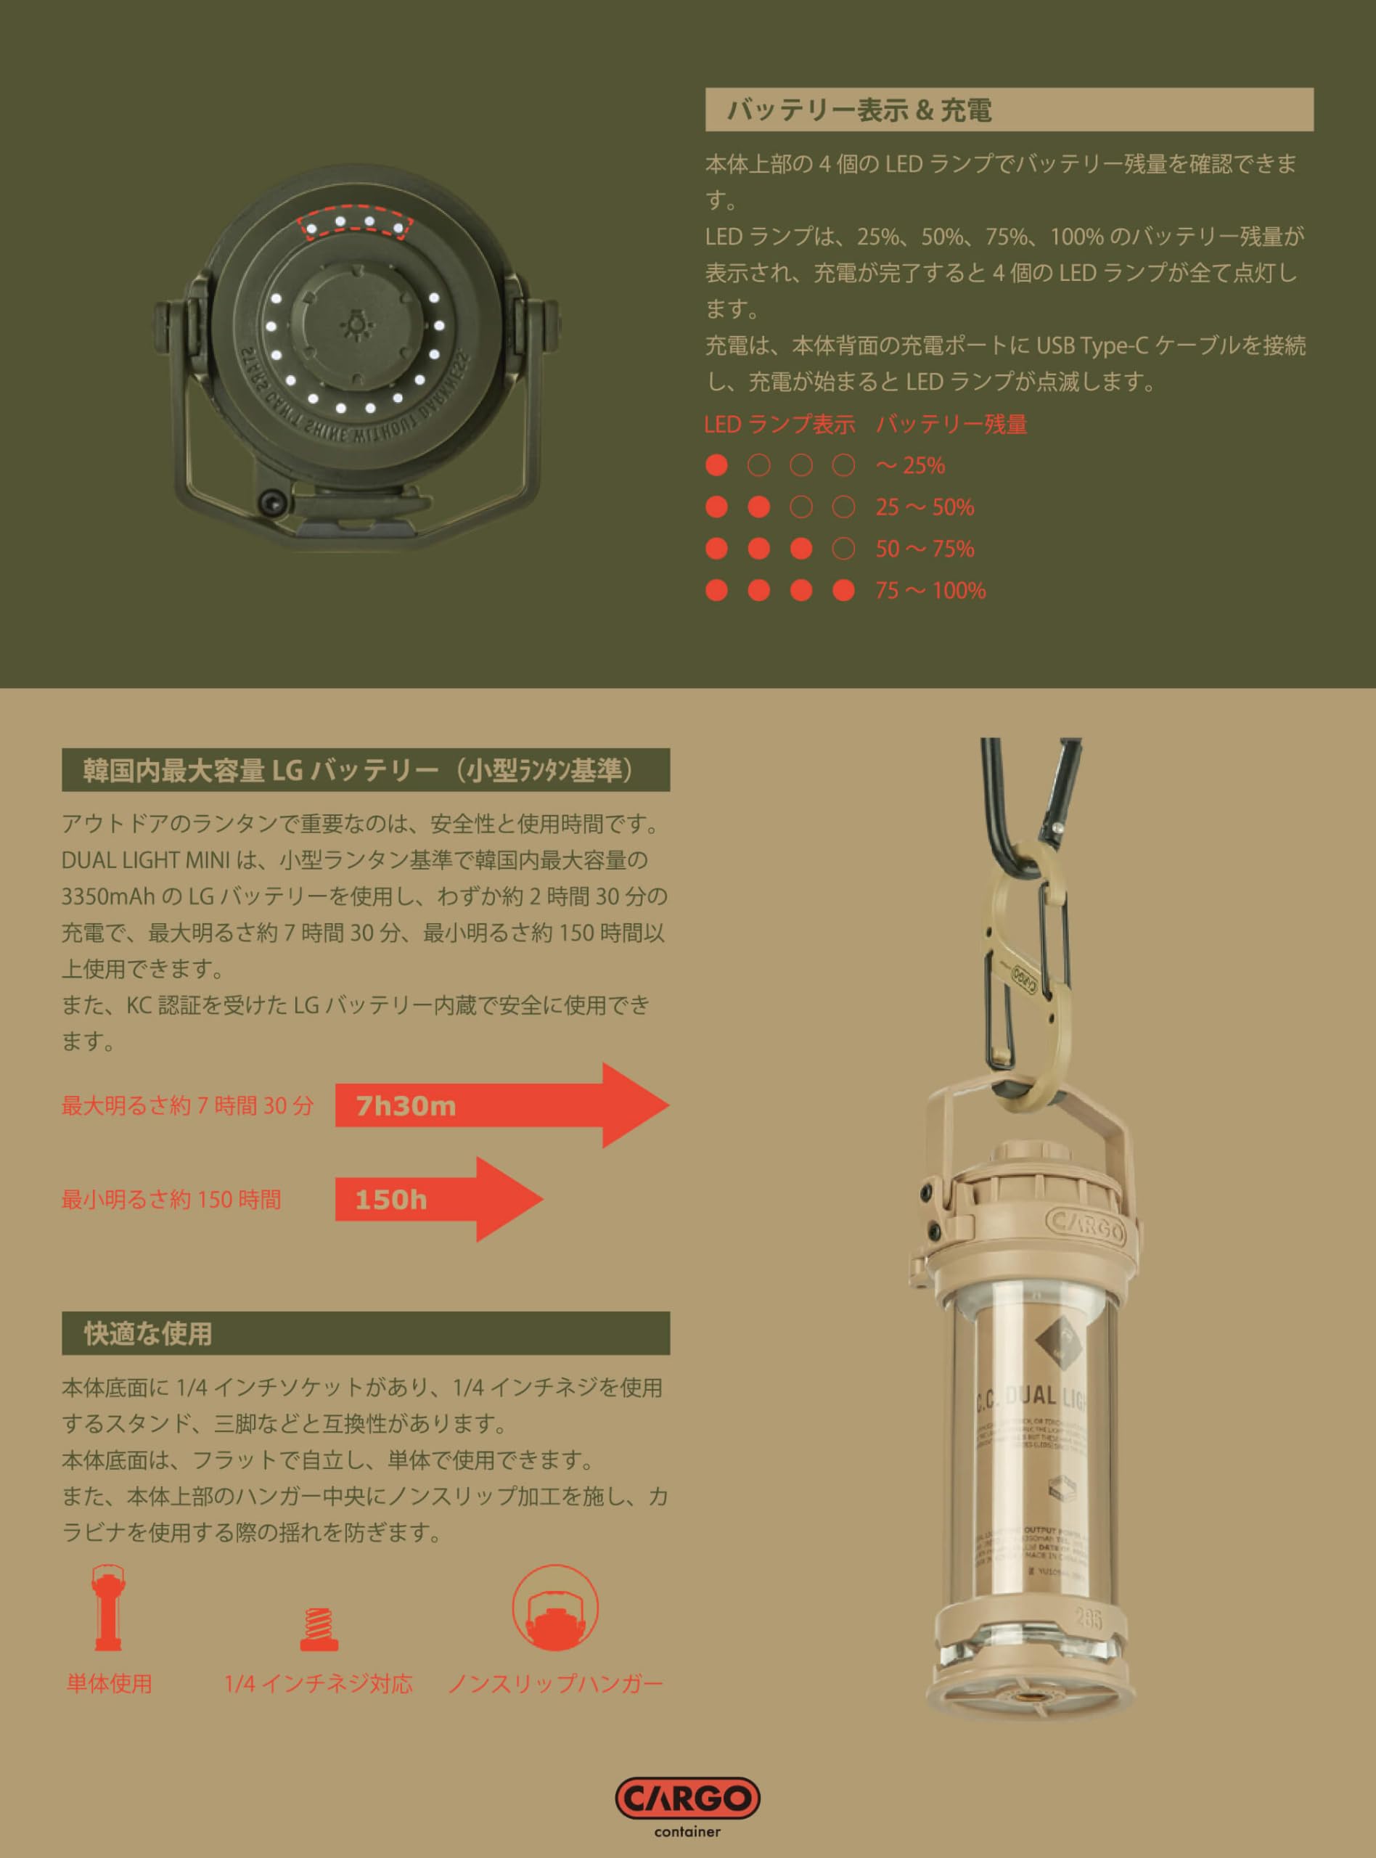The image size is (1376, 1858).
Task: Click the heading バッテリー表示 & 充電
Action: [x=859, y=110]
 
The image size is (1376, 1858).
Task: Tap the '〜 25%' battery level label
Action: [x=910, y=465]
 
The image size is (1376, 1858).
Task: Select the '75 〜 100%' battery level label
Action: [x=930, y=591]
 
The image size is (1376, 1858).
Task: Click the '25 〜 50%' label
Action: [x=925, y=507]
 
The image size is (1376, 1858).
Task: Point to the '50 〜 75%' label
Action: [x=925, y=549]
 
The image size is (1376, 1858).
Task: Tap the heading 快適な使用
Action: [x=148, y=1333]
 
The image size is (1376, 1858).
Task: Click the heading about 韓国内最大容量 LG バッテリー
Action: [x=359, y=770]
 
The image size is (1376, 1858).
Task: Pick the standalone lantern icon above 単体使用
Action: [x=108, y=1608]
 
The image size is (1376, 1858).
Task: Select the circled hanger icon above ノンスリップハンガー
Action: [x=554, y=1608]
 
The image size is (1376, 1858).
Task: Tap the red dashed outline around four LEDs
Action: [x=354, y=224]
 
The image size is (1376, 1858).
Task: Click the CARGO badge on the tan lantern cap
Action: [x=1086, y=1224]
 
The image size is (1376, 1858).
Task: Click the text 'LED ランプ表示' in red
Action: [x=779, y=425]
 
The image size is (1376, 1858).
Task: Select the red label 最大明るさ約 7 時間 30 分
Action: [x=187, y=1106]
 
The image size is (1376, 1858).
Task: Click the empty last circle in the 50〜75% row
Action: [x=844, y=549]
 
